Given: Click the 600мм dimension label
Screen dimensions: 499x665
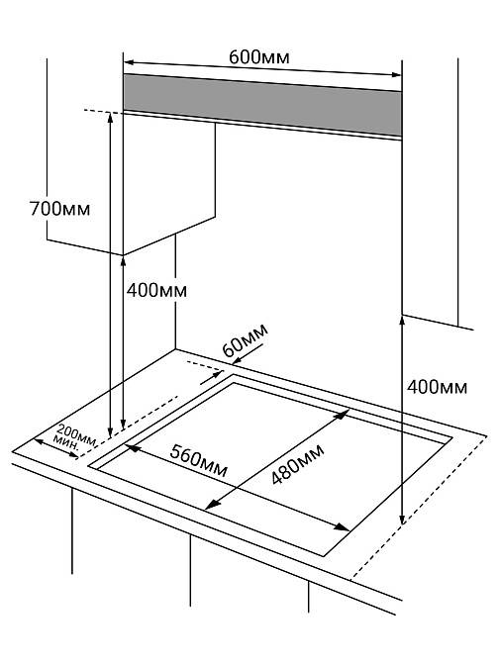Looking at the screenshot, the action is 259,56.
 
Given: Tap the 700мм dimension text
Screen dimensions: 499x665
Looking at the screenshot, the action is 59,209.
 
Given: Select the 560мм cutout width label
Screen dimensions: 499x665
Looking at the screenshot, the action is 199,461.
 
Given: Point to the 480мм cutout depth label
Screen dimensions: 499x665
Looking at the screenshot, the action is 297,464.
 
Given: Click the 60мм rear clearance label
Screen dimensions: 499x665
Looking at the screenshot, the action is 246,340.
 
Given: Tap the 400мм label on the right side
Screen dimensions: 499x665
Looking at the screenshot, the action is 437,387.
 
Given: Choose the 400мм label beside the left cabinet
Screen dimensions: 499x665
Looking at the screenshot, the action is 156,291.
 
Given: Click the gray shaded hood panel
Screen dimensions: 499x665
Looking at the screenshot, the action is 262,105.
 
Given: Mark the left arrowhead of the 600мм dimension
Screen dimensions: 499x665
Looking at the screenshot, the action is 129,62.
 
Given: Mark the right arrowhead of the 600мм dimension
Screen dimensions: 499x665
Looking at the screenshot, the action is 395,74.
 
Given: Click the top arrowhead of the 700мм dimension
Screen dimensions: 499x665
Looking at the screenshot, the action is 110,118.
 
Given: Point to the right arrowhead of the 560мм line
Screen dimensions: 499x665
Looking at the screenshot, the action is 343,527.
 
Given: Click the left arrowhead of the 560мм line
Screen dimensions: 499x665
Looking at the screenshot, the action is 132,447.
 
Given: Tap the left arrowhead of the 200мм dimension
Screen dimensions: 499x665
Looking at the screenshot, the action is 39,441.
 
